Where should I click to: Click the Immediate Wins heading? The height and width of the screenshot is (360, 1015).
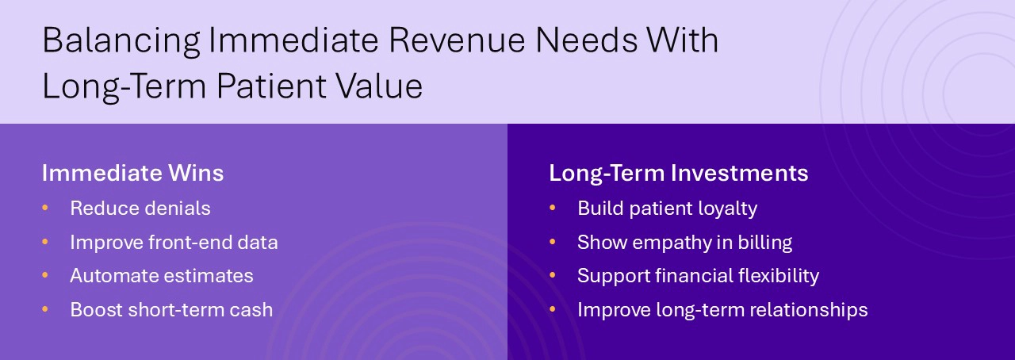tap(132, 173)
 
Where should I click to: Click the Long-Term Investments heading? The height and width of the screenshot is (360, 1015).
tap(678, 173)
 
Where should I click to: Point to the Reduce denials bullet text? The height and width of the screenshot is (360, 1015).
tap(140, 209)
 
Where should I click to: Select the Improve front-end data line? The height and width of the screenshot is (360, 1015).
tap(174, 243)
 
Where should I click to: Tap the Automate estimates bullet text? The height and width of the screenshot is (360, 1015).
tap(162, 276)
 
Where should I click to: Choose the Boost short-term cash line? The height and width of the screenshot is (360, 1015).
tap(171, 310)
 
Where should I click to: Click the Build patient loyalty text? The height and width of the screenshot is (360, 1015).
tap(667, 209)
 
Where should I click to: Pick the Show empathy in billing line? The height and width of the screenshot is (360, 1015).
tap(684, 243)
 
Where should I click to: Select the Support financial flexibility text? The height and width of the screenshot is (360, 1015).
tap(698, 276)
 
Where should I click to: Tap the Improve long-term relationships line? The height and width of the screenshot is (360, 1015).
tap(722, 310)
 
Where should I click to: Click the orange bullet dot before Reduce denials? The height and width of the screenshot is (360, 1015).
tap(45, 208)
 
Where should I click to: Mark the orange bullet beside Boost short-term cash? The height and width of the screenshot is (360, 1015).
tap(45, 309)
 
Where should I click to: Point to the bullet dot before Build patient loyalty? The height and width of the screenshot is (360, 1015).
tap(553, 208)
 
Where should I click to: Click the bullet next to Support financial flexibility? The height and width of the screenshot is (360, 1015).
tap(553, 275)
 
